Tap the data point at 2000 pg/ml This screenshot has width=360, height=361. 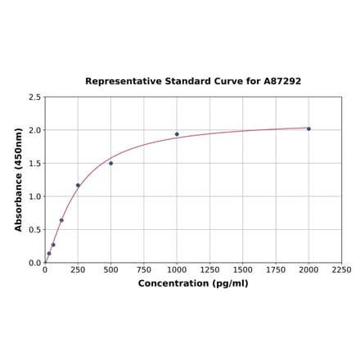click(308, 129)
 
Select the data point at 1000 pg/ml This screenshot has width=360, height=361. click(177, 134)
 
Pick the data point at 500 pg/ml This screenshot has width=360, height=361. click(111, 163)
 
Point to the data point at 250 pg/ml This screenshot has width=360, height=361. click(78, 185)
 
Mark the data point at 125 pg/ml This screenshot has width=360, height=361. click(61, 220)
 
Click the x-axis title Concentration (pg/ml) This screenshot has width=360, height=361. click(193, 283)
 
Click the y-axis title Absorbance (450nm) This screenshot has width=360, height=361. click(19, 179)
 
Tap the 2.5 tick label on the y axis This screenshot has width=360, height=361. click(35, 97)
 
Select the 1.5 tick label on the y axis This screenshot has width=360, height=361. click(35, 164)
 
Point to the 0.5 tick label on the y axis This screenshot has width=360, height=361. click(35, 230)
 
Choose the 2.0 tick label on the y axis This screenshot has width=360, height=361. click(35, 130)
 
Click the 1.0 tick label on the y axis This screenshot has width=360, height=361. click(35, 196)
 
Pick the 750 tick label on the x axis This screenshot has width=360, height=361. click(144, 269)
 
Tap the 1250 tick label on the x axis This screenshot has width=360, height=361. click(209, 269)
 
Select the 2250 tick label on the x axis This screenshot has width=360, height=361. click(341, 269)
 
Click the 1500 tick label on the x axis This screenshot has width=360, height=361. click(243, 269)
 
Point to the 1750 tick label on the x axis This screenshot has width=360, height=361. click(276, 269)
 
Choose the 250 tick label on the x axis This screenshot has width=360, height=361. click(78, 269)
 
